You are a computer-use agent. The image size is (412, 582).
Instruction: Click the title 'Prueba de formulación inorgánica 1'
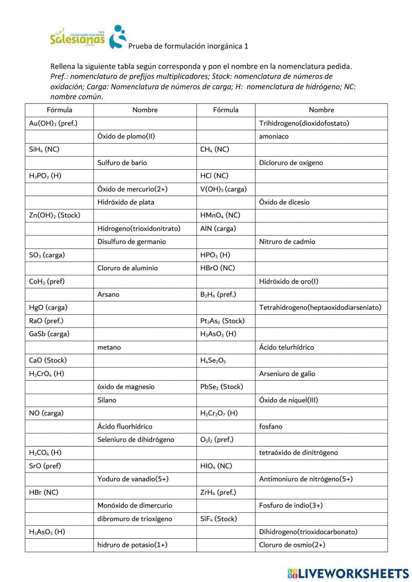point(188,46)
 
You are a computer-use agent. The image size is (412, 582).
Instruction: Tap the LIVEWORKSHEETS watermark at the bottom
point(348,573)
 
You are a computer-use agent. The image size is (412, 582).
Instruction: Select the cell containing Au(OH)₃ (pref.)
point(53,123)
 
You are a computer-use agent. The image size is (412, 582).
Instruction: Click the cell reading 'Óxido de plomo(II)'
point(126,136)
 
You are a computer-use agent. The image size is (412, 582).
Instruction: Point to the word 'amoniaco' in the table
point(274,136)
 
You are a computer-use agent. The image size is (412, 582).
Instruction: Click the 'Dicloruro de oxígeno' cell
point(291,163)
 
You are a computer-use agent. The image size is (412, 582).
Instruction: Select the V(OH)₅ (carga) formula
point(223,189)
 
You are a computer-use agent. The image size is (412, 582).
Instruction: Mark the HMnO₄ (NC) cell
point(220,215)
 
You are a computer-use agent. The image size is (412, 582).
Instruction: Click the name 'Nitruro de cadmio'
point(287,242)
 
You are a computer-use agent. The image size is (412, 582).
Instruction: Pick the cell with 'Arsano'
point(108,295)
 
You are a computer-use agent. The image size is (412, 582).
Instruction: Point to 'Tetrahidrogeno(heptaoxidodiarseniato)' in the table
point(320,308)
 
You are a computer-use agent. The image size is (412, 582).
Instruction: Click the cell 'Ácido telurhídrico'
point(286,347)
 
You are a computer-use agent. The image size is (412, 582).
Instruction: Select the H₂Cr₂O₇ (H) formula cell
point(219,413)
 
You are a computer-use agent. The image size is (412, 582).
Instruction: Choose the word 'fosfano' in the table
point(271,426)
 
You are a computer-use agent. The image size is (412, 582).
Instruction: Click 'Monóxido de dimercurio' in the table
point(135,505)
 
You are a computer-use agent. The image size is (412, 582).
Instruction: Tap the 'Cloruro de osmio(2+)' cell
point(292,545)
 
